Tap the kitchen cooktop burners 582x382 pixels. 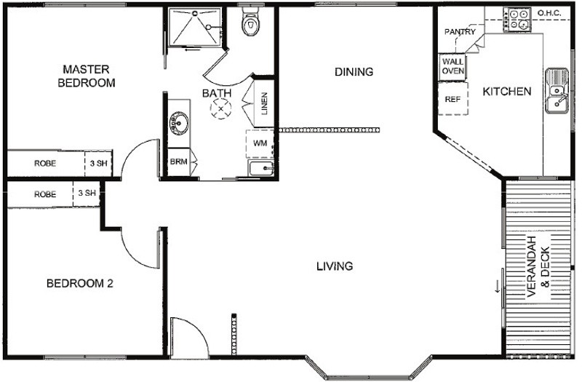point(518,20)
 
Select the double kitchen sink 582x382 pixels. point(557,90)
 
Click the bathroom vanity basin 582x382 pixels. point(179,122)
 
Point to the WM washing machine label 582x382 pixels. point(260,143)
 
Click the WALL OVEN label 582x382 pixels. point(453,65)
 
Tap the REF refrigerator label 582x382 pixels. point(453,99)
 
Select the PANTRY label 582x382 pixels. point(460,31)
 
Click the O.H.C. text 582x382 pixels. point(549,14)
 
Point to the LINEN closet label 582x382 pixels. point(264,104)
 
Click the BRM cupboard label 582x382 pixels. point(178,162)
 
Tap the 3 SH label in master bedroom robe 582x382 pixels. point(98,163)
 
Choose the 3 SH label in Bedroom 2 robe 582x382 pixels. point(87,193)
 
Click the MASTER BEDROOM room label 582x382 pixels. point(87,76)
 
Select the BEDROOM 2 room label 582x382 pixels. point(79,284)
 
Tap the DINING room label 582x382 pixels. point(354,71)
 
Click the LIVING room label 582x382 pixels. point(335,266)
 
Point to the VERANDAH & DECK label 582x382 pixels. point(538,266)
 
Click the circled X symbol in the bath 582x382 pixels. point(221,108)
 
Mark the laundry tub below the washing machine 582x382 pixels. point(261,169)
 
